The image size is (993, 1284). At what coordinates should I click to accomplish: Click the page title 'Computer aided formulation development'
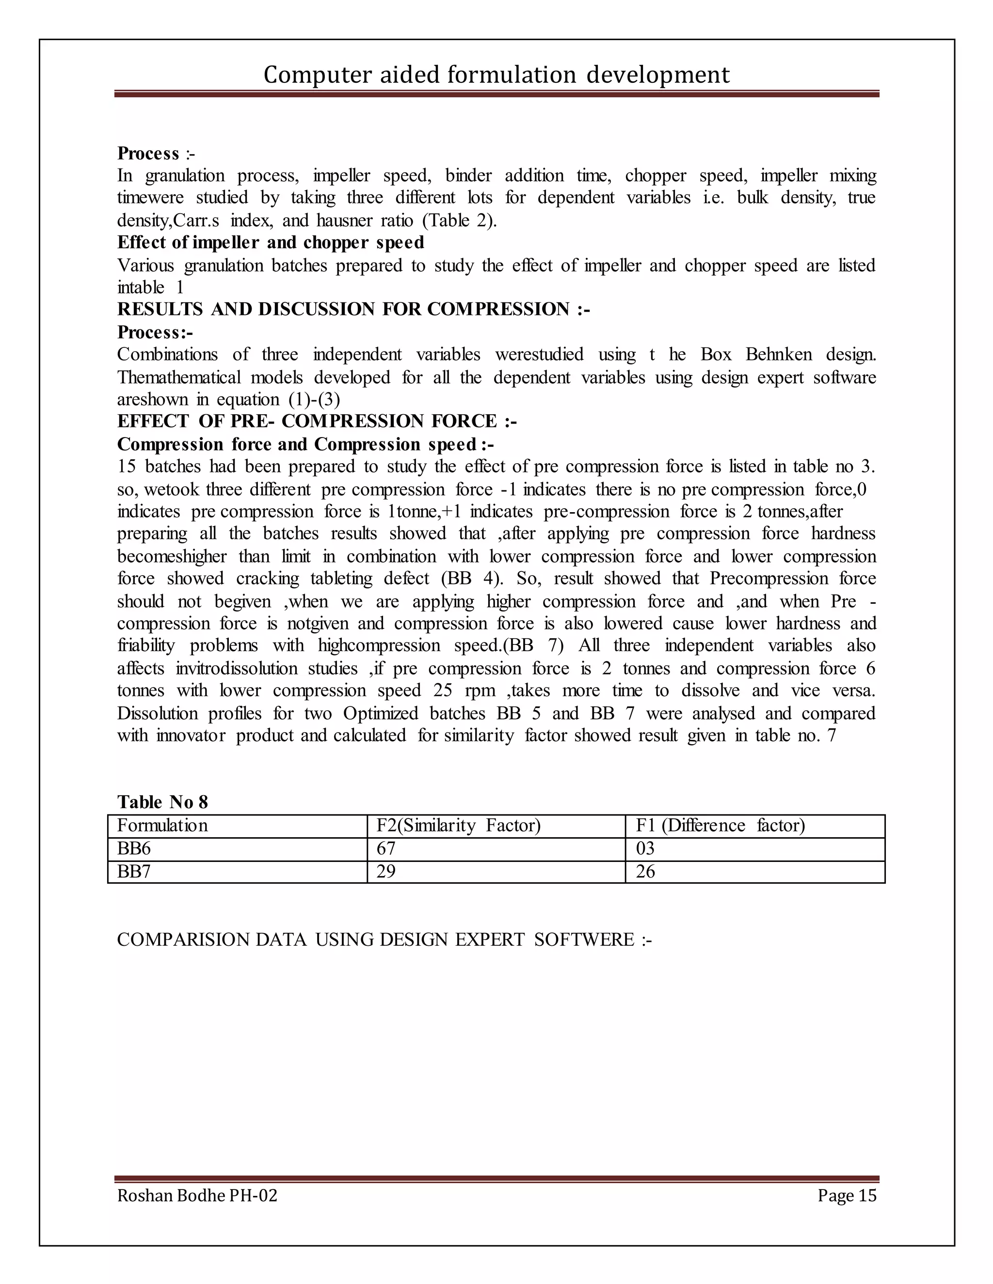click(496, 75)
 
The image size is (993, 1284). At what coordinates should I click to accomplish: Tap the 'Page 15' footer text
click(847, 1195)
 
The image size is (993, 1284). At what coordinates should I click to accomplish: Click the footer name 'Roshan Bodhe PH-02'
click(197, 1195)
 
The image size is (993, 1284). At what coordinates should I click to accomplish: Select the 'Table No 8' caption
click(162, 802)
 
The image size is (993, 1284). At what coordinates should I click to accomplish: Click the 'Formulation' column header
click(162, 826)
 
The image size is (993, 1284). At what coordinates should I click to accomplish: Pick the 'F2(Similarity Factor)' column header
click(458, 826)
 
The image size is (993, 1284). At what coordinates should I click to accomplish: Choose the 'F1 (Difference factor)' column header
click(720, 826)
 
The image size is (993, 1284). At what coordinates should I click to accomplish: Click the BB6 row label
click(134, 848)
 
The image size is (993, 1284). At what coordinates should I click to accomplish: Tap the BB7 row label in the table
click(134, 871)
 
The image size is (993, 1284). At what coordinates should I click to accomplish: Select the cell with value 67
click(386, 848)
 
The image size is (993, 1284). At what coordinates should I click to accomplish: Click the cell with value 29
click(386, 871)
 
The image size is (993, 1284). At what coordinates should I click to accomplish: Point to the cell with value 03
click(645, 848)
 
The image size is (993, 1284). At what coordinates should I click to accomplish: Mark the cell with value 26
click(645, 871)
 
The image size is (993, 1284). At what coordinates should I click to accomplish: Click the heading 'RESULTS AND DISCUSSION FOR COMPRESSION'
click(353, 309)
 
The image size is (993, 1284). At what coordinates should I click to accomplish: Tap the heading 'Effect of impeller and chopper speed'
click(270, 242)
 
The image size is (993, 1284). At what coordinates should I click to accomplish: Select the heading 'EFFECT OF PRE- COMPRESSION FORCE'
click(317, 421)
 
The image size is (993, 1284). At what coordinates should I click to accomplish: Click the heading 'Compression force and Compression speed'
click(304, 444)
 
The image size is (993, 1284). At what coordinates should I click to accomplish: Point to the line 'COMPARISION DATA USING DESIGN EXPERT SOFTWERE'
click(384, 940)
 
